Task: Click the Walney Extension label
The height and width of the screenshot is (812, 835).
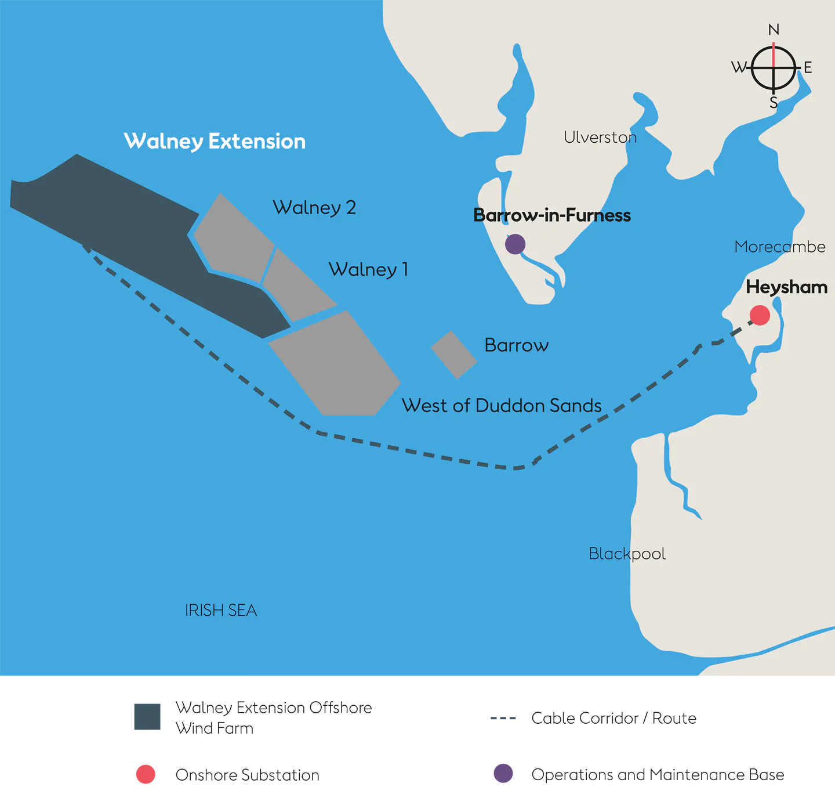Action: [x=215, y=141]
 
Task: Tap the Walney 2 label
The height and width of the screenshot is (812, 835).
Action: [x=314, y=207]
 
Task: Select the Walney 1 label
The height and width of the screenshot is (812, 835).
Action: [x=368, y=269]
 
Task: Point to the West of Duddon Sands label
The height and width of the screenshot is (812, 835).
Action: [x=501, y=405]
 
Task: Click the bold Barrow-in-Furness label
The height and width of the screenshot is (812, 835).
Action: [x=551, y=215]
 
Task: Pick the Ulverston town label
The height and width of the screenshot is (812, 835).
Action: [x=600, y=137]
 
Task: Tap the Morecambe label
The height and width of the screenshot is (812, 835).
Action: [x=779, y=247]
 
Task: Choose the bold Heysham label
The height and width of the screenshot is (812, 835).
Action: [x=786, y=287]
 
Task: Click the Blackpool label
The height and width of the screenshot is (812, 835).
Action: [x=627, y=554]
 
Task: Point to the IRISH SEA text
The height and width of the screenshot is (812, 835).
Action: [x=220, y=610]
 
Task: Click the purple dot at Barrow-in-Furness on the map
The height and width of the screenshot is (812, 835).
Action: [x=515, y=244]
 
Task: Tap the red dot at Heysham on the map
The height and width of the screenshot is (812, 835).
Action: [x=760, y=315]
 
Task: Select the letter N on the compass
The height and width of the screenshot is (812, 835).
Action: [x=774, y=30]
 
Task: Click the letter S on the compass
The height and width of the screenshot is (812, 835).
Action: [x=774, y=103]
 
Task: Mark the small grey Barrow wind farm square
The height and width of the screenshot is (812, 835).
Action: [x=454, y=355]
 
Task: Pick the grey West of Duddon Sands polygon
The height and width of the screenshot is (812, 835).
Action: [x=336, y=366]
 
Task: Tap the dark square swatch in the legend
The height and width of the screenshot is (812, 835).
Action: [x=147, y=717]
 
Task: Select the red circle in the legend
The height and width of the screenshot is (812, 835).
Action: [x=146, y=774]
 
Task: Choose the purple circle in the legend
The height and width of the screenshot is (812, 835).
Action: [x=503, y=773]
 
